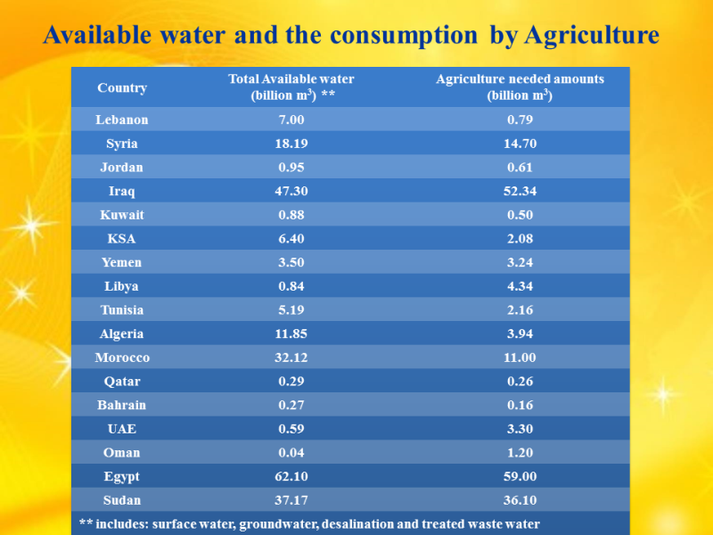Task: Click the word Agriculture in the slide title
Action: pyautogui.click(x=591, y=36)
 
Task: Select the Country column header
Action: pyautogui.click(x=122, y=87)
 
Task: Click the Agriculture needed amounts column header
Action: pyautogui.click(x=520, y=87)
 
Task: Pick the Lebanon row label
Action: pyautogui.click(x=122, y=119)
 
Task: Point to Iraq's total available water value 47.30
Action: pyautogui.click(x=291, y=191)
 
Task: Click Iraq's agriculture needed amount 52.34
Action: pyautogui.click(x=520, y=191)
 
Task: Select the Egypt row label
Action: pyautogui.click(x=122, y=476)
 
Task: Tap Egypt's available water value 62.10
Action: pyautogui.click(x=291, y=476)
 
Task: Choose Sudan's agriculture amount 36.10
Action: pyautogui.click(x=520, y=500)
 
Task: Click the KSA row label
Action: pyautogui.click(x=122, y=238)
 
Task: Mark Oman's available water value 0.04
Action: pyautogui.click(x=291, y=452)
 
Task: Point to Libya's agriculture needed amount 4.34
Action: pyautogui.click(x=520, y=286)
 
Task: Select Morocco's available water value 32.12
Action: pyautogui.click(x=291, y=358)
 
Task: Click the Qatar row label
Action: pyautogui.click(x=122, y=381)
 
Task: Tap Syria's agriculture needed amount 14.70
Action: pyautogui.click(x=520, y=144)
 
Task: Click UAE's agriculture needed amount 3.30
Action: pyautogui.click(x=520, y=429)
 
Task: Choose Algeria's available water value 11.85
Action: pyautogui.click(x=291, y=333)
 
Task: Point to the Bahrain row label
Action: pyautogui.click(x=122, y=405)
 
